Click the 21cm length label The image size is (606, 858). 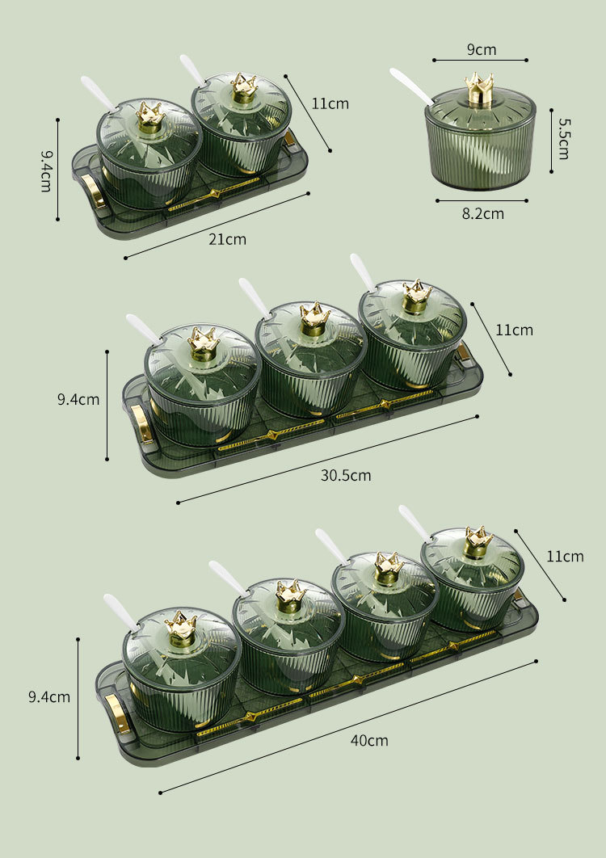click(x=227, y=239)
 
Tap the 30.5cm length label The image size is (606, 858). click(x=346, y=475)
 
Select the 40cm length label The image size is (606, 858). click(x=369, y=740)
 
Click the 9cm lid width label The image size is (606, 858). click(x=482, y=49)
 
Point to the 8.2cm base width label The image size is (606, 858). click(x=483, y=213)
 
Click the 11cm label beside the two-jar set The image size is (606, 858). click(x=330, y=103)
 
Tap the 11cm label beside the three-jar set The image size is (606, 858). click(x=514, y=330)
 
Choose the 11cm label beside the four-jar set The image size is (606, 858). click(x=565, y=557)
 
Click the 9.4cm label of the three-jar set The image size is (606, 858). click(x=78, y=399)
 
